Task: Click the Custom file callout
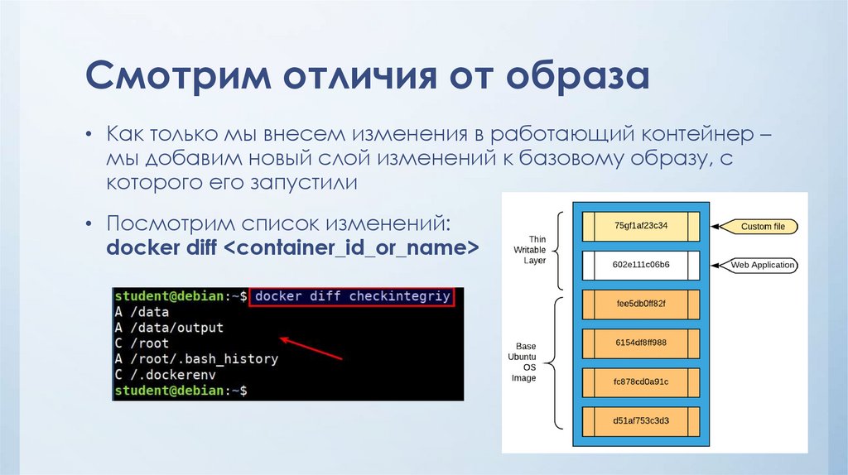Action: tap(761, 226)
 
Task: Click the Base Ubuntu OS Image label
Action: tap(526, 362)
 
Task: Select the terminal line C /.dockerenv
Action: tap(166, 375)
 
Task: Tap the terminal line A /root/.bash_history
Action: tap(196, 359)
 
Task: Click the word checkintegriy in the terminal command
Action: tap(400, 296)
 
